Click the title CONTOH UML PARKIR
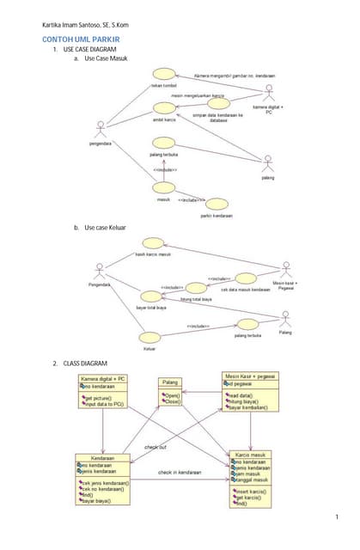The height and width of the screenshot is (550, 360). pyautogui.click(x=82, y=40)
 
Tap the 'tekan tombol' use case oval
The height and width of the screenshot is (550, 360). pyautogui.click(x=164, y=76)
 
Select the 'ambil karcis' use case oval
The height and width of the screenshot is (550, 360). pyautogui.click(x=164, y=107)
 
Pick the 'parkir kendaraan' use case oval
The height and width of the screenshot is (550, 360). pyautogui.click(x=218, y=204)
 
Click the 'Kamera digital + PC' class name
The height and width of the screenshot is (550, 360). pyautogui.click(x=102, y=379)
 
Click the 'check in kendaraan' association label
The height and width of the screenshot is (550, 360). pyautogui.click(x=180, y=472)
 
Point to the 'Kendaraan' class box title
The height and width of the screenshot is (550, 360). pyautogui.click(x=103, y=459)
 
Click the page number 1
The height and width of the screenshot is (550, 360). pyautogui.click(x=338, y=516)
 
